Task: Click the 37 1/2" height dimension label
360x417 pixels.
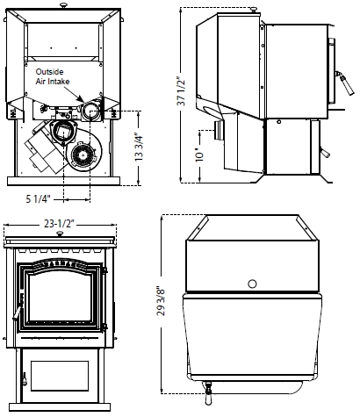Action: tap(182, 91)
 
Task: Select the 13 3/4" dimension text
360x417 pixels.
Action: tap(139, 147)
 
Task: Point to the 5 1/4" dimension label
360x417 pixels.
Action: tap(39, 199)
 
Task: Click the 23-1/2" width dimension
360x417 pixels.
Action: tap(60, 224)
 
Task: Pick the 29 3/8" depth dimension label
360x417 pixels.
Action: tap(161, 301)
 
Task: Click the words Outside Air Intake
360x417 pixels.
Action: tap(53, 76)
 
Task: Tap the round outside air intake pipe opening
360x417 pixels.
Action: tap(90, 111)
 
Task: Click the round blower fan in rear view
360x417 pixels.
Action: tap(83, 155)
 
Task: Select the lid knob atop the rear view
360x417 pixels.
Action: tap(63, 5)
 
